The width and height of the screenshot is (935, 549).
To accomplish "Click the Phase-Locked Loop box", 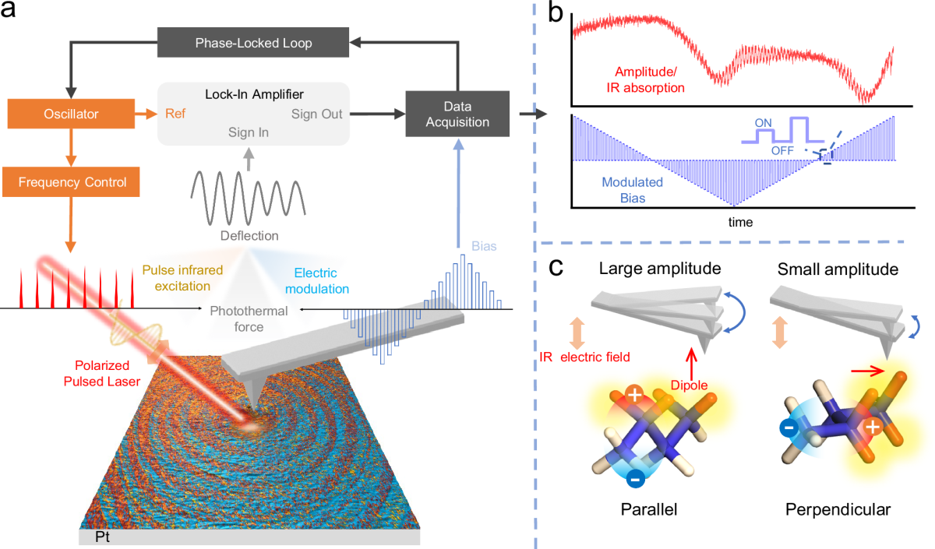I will [x=252, y=43].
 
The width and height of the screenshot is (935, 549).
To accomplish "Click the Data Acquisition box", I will [x=457, y=114].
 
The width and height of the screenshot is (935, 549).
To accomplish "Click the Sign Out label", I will [x=317, y=114].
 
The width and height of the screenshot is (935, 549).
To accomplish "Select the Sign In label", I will [x=249, y=132].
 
